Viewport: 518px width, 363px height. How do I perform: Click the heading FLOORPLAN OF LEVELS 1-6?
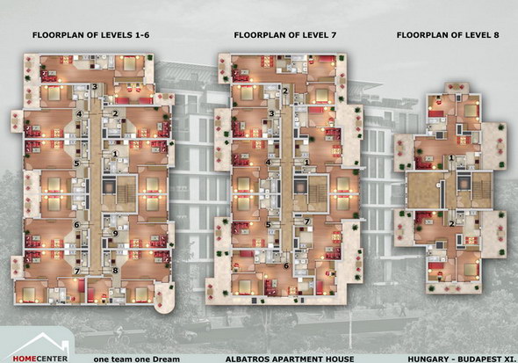pos(90,35)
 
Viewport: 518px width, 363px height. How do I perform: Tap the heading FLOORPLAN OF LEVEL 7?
pos(285,35)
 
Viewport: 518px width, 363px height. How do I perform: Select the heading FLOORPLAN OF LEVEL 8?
pos(448,35)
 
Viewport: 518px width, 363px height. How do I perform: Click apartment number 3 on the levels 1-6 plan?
pos(95,87)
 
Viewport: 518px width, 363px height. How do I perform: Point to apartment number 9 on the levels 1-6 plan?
pos(115,234)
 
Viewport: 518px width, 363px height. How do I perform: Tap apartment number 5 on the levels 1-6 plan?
pos(76,163)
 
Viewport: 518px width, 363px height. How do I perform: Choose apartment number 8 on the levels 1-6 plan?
pos(115,271)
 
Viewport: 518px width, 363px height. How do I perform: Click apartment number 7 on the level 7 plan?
pos(307,221)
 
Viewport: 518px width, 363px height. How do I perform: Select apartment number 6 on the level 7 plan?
pos(286,265)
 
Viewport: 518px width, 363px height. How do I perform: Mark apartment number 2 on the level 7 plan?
pos(285,91)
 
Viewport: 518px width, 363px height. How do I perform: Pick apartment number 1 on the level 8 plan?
pos(451,158)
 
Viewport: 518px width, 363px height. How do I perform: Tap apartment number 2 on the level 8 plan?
pos(451,224)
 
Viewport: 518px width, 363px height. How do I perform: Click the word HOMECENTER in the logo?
pos(40,359)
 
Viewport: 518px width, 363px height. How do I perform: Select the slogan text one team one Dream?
pos(137,359)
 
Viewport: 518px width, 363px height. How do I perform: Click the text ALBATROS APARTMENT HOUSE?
pos(290,359)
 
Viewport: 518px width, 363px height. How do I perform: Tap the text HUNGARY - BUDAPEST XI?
pos(462,359)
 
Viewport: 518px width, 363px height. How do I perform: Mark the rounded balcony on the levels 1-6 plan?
pos(164,298)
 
